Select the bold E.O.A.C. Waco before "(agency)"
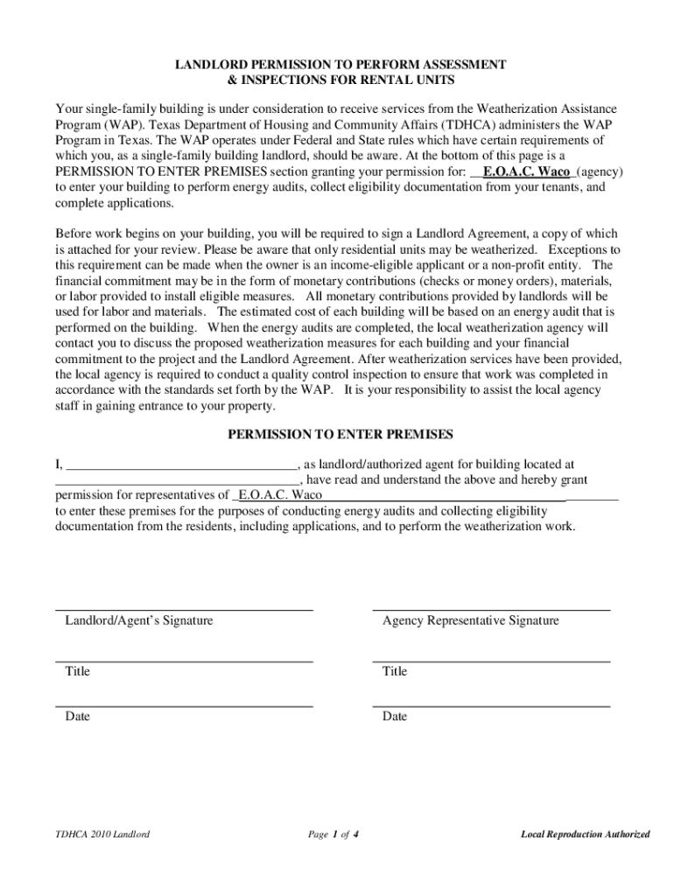[526, 171]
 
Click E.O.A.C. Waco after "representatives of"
[279, 495]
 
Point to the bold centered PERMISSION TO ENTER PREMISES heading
[341, 435]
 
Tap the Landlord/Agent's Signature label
[139, 620]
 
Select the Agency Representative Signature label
[470, 620]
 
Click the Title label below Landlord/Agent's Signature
[77, 671]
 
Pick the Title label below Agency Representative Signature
[395, 671]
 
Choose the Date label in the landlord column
[77, 717]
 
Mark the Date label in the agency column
[395, 717]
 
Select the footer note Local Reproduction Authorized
[585, 834]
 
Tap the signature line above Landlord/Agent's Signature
[184, 609]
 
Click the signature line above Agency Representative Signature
[491, 609]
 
